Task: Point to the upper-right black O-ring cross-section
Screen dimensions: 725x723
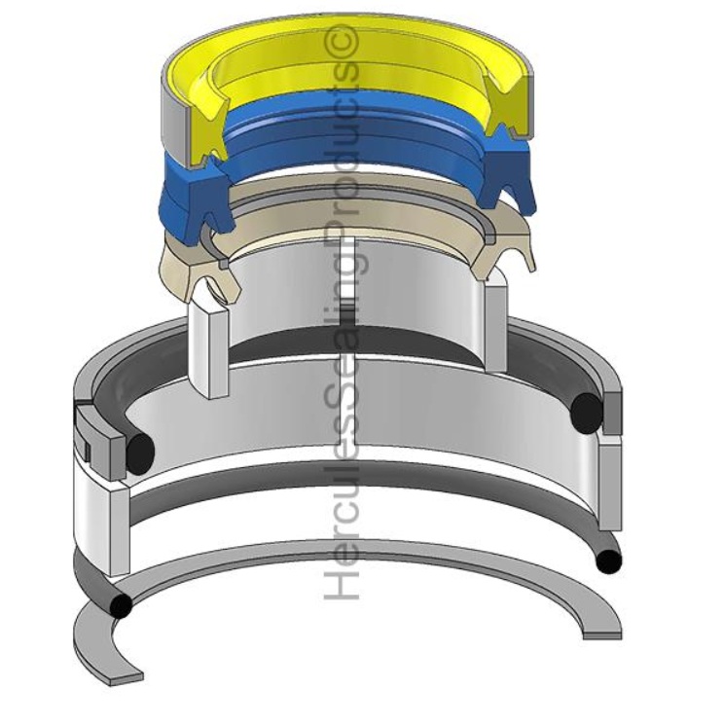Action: (x=587, y=412)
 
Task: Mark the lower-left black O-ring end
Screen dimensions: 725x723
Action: (x=121, y=606)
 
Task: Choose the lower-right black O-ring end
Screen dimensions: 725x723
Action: (x=609, y=562)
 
